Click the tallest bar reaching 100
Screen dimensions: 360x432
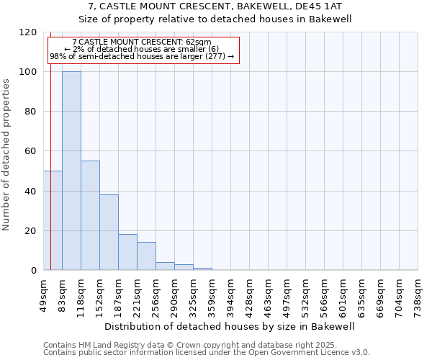(71, 171)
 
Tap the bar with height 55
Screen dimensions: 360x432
(90, 216)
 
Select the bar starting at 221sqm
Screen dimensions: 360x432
(146, 256)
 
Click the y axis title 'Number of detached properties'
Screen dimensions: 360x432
(6, 155)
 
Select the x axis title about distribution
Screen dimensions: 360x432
(230, 326)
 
